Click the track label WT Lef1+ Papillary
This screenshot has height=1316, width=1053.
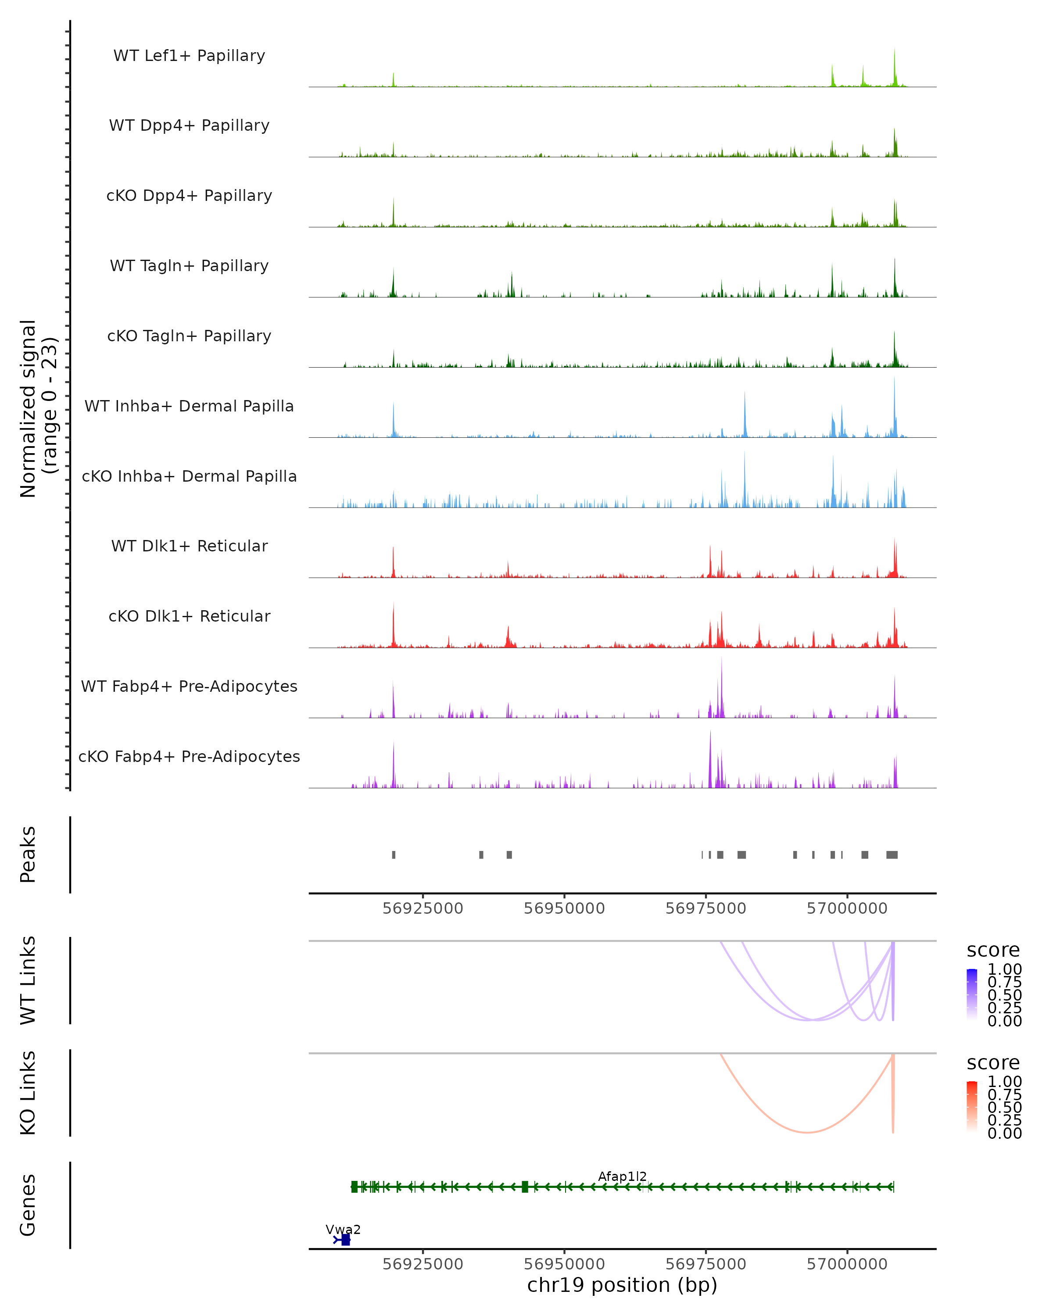click(189, 56)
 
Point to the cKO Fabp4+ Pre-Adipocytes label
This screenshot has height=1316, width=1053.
click(189, 756)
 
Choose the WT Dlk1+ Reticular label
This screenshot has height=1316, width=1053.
click(189, 546)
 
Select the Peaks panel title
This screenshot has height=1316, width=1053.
click(28, 854)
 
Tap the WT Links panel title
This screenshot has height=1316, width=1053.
click(28, 980)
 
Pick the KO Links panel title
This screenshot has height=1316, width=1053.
click(28, 1093)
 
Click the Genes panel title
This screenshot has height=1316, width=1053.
click(28, 1205)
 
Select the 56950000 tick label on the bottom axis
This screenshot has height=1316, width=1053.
click(564, 1264)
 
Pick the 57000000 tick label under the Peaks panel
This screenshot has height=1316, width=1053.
click(847, 908)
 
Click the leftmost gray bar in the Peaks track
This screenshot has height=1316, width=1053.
click(394, 855)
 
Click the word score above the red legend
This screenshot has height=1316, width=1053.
click(993, 1063)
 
